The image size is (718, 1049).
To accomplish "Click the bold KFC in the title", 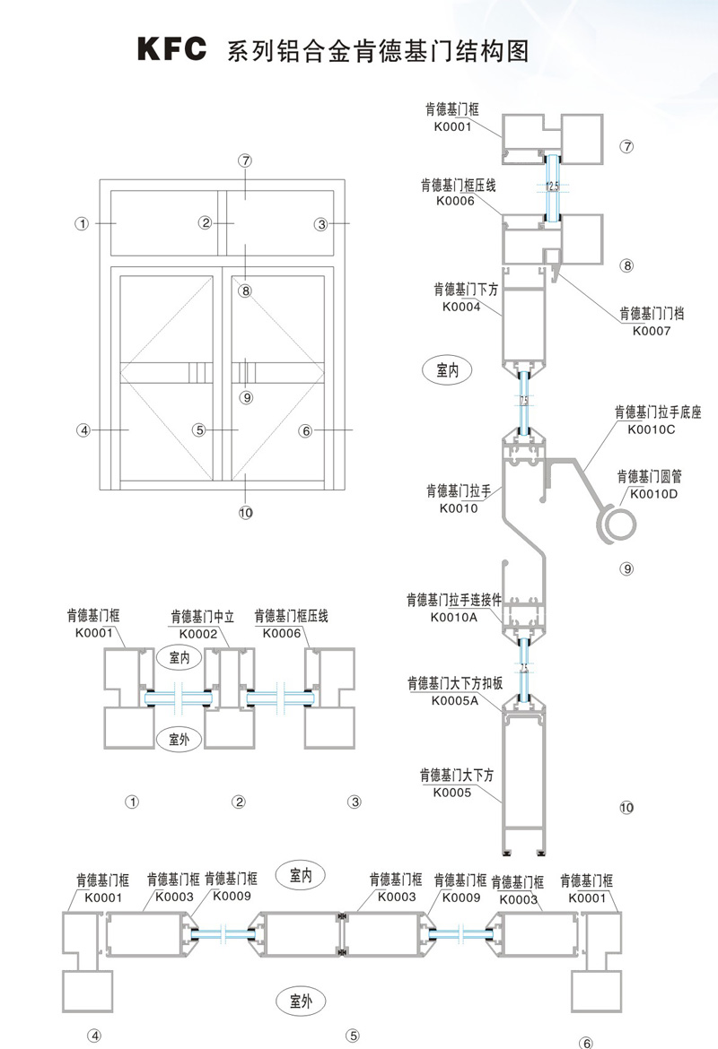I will (x=171, y=49).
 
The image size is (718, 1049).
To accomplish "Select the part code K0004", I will (x=461, y=308).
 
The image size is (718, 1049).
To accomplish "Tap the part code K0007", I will (x=652, y=331).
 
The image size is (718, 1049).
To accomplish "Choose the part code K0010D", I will (x=655, y=493).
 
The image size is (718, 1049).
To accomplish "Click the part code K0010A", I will (x=454, y=617).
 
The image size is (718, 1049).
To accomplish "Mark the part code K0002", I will (x=199, y=634).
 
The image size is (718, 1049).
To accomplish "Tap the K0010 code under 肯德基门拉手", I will (x=459, y=508).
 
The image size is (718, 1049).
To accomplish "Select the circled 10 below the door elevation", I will (x=245, y=513).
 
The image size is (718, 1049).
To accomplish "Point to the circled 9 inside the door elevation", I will (x=246, y=397).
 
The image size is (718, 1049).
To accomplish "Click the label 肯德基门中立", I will (x=199, y=617).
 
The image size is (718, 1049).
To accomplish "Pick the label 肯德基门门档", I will (x=652, y=314).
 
